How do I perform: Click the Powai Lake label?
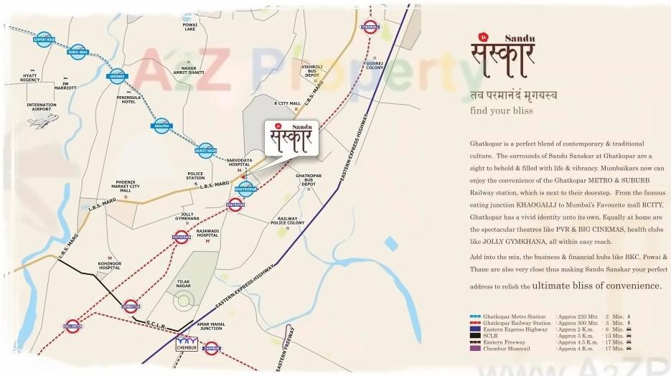point(189,26)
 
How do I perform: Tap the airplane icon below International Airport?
point(42,121)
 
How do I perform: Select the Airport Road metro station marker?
point(44,39)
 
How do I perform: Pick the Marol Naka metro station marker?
point(78,52)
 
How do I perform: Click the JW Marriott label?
point(70,87)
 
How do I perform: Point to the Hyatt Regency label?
point(30,77)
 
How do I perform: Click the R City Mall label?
point(287,103)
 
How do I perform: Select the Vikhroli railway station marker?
point(370,28)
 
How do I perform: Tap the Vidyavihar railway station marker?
point(182,236)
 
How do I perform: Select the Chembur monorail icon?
point(189,342)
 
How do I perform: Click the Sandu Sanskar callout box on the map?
point(291,138)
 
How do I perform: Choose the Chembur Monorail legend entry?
point(517,349)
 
